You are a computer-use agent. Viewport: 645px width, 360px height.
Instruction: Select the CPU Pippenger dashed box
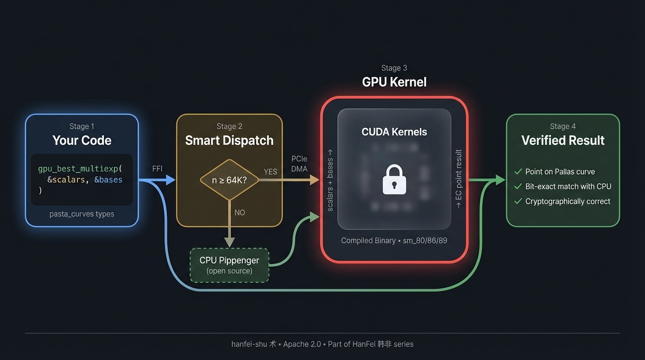[x=229, y=265]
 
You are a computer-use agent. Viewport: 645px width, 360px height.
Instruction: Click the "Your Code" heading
[x=82, y=140]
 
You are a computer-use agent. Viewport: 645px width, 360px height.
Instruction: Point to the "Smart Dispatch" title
[x=229, y=140]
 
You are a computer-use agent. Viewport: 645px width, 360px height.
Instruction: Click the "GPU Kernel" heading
[x=394, y=82]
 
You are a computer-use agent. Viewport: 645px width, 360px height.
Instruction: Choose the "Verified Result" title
[x=562, y=140]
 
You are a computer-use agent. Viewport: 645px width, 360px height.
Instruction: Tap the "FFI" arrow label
[x=157, y=169]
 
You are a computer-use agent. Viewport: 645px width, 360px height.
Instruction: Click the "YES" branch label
[x=270, y=172]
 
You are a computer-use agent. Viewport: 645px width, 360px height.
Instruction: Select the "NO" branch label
[x=240, y=212]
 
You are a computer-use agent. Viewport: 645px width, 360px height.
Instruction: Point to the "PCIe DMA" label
[x=300, y=164]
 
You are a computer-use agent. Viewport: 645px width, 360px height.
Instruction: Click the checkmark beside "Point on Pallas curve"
[x=518, y=172]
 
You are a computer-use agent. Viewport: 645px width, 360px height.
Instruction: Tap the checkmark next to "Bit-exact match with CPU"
[x=518, y=187]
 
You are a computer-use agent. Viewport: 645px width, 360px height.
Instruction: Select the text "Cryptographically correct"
[x=568, y=202]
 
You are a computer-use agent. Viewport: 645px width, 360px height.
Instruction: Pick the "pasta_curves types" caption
[x=82, y=214]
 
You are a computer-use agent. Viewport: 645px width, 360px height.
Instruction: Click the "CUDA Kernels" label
[x=394, y=132]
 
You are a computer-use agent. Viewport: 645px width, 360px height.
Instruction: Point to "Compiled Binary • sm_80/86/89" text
[x=394, y=240]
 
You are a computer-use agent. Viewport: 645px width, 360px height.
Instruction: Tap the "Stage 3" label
[x=394, y=68]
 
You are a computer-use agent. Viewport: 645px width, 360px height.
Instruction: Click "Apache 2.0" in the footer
[x=302, y=344]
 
